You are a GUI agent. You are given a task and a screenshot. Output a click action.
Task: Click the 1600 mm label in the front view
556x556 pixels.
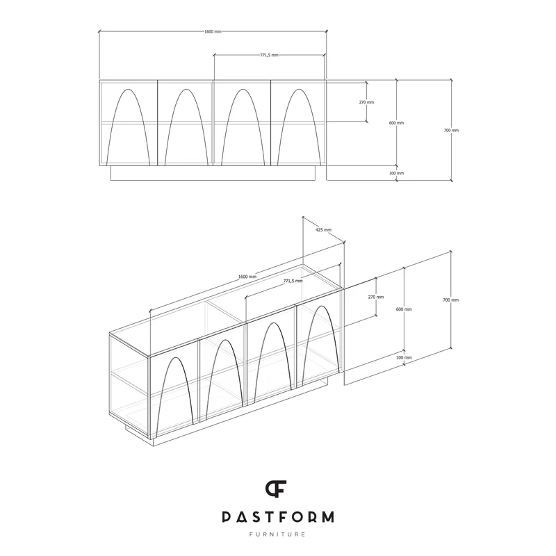pos(213,31)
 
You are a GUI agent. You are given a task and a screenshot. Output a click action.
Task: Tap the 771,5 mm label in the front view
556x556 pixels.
pos(270,55)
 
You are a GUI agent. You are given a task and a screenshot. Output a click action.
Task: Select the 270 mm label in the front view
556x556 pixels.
pos(366,102)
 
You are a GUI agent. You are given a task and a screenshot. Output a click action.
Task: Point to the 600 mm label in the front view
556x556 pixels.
pos(396,123)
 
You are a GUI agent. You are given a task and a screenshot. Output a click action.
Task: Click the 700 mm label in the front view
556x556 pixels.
pos(451,131)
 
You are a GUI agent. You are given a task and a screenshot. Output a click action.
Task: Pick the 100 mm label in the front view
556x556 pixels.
pos(396,173)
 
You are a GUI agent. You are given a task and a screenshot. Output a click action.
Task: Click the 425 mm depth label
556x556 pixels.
pos(323,230)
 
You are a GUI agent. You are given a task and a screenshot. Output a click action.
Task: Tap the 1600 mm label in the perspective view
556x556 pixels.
pos(247,277)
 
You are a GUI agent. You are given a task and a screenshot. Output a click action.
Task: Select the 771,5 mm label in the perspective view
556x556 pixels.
pos(293,281)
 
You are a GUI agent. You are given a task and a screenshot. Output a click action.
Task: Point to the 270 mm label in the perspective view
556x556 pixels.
pos(376,297)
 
